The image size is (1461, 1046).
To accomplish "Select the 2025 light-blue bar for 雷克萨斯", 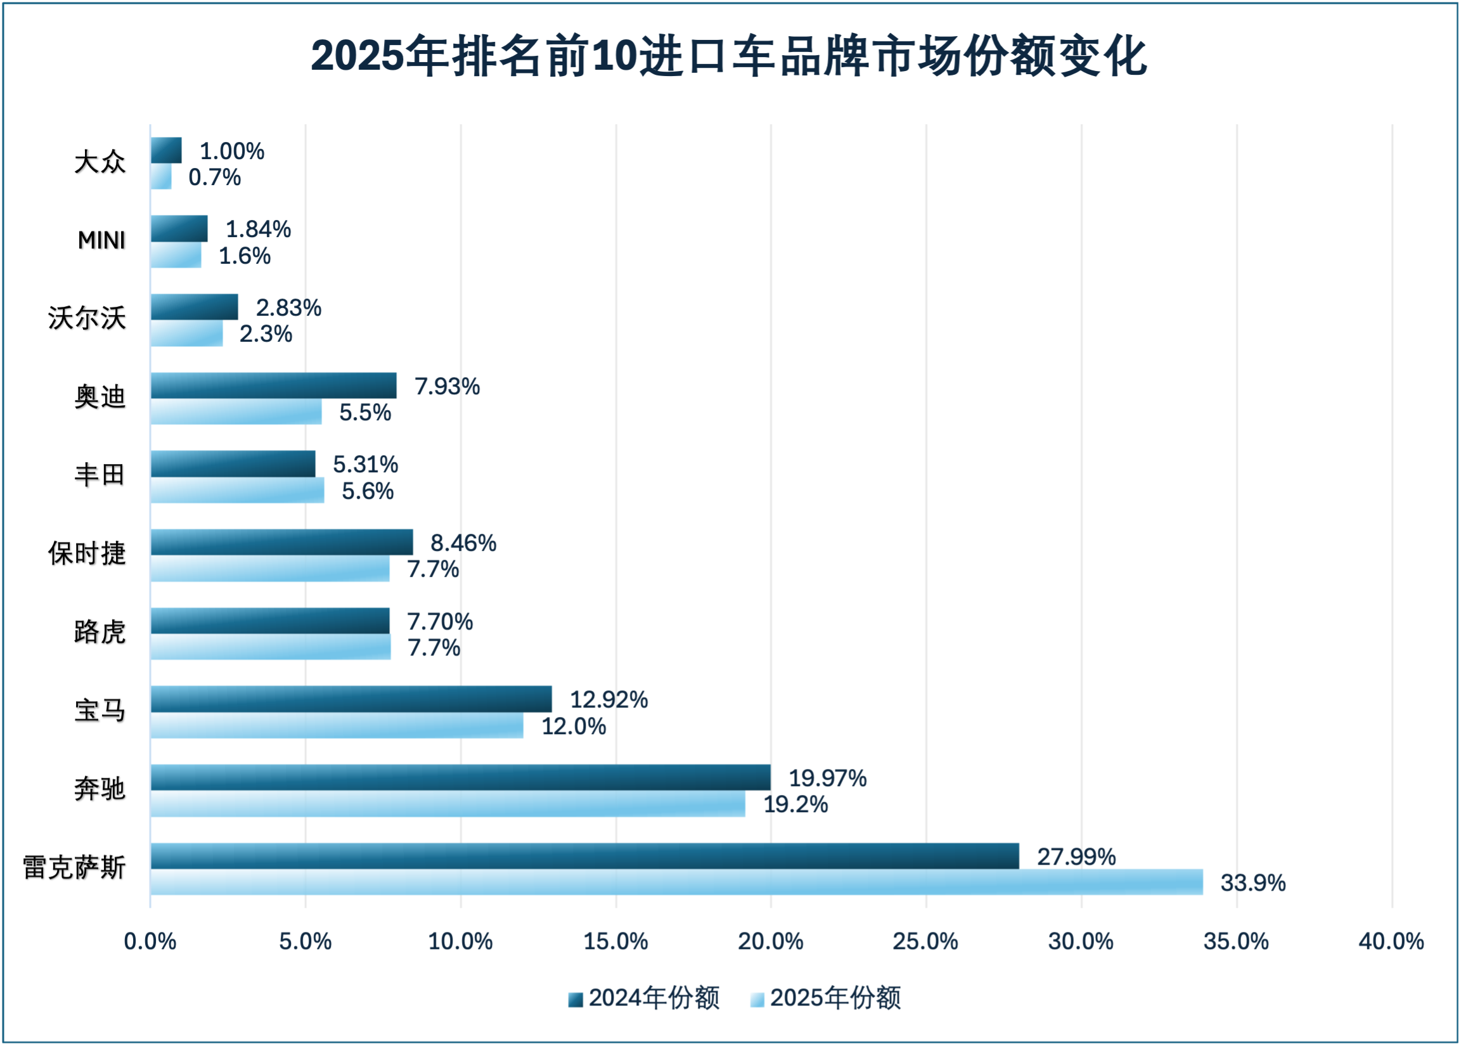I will click(x=676, y=882).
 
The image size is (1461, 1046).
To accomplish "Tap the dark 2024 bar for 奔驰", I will click(x=460, y=777).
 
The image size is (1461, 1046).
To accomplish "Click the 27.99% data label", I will click(x=1076, y=856).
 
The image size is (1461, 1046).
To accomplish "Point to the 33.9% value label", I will click(x=1252, y=883).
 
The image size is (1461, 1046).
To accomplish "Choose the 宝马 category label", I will click(x=100, y=711).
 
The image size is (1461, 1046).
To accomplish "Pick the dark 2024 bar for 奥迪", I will click(x=274, y=386).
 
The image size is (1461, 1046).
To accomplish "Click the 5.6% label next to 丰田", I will click(x=367, y=491).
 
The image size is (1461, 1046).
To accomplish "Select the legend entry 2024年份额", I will click(x=645, y=998).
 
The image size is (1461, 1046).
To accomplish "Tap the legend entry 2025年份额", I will click(x=826, y=998).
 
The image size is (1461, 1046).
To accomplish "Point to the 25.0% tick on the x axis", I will click(x=925, y=941).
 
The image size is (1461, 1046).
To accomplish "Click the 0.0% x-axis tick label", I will click(x=150, y=941).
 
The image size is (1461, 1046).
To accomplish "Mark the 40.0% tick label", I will click(x=1391, y=941).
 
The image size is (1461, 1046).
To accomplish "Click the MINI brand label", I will click(x=102, y=240).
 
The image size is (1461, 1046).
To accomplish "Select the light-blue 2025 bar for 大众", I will click(x=161, y=177).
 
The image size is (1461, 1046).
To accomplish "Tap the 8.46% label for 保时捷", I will click(x=463, y=543).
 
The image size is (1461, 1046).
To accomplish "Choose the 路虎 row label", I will click(x=100, y=633).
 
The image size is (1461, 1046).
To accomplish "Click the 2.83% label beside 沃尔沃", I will click(x=288, y=308).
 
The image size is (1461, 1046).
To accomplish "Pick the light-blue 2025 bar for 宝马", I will click(x=337, y=726).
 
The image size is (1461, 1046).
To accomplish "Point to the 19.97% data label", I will click(x=827, y=778).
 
